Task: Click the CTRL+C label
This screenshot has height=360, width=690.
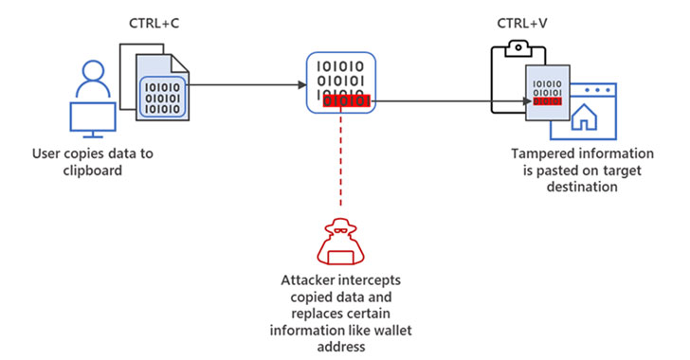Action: pyautogui.click(x=153, y=22)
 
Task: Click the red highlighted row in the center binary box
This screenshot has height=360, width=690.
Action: pyautogui.click(x=347, y=100)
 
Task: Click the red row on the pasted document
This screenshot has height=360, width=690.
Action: pyautogui.click(x=545, y=100)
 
